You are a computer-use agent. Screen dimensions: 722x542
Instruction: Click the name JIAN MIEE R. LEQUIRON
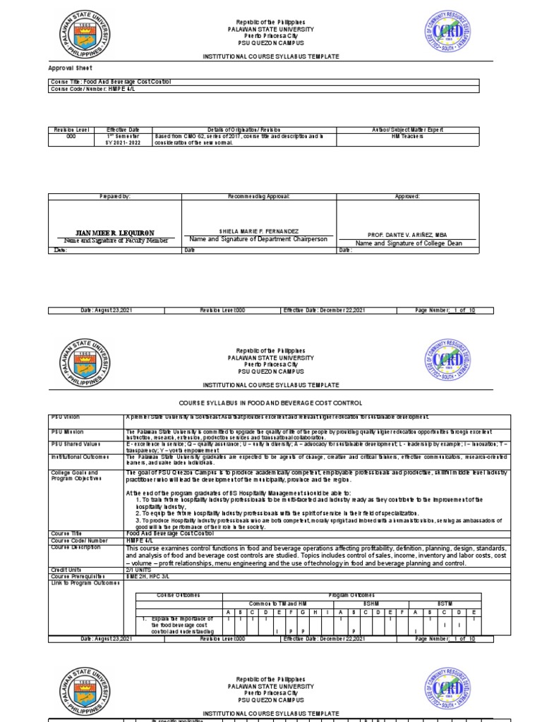pos(114,233)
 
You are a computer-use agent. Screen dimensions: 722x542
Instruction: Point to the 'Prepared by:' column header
pos(115,196)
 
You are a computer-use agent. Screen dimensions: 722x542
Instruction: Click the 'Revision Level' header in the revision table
pos(69,130)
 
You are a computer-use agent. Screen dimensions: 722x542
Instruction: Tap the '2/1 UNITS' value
pos(139,568)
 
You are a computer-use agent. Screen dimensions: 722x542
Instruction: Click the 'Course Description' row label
pos(73,547)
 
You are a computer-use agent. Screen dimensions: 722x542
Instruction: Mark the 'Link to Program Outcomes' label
pos(78,581)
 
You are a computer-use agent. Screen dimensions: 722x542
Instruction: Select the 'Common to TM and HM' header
pos(277,603)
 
